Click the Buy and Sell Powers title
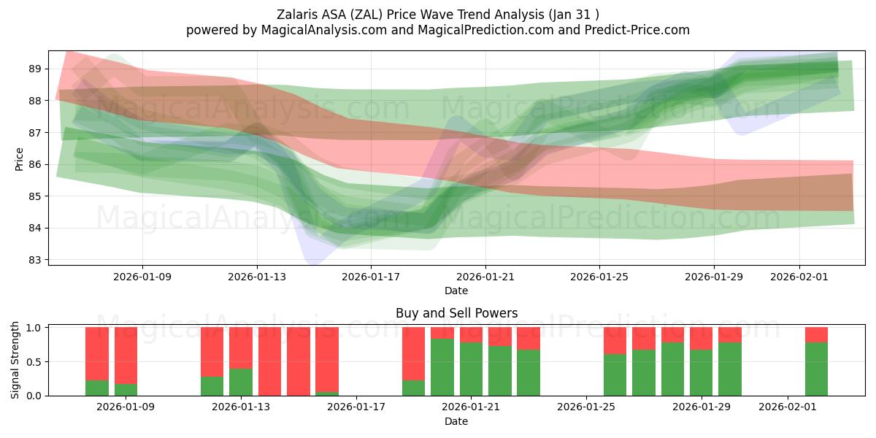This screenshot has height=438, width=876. point(456,313)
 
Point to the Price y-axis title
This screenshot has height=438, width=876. point(20,158)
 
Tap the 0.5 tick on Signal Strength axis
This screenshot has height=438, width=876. point(33,361)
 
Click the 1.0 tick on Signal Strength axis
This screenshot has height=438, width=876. point(33,328)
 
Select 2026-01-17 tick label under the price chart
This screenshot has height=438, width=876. point(371,277)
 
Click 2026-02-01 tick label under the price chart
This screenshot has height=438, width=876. point(799,277)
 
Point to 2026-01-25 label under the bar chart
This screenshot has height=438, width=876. point(586,407)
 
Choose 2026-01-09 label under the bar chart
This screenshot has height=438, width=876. point(126,407)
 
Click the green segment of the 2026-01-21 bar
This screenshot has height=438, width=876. point(471,369)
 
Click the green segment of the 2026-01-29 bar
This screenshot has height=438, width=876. point(701,372)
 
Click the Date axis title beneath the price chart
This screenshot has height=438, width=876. point(456,291)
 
